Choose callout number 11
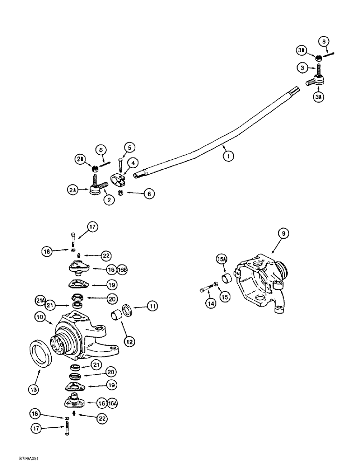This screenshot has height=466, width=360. click(153, 306)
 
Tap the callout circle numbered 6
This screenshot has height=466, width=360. click(148, 194)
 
